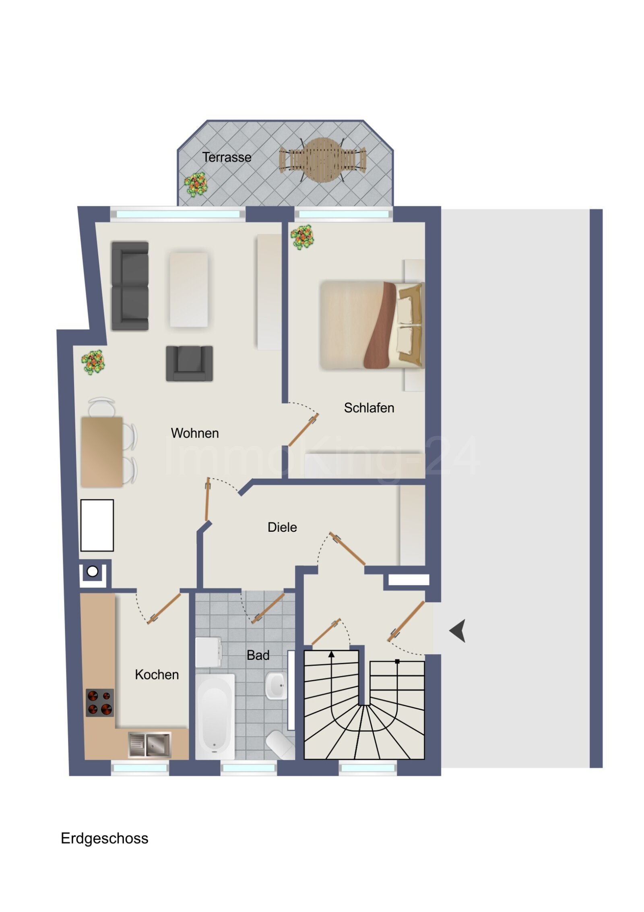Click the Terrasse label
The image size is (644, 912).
coord(227,157)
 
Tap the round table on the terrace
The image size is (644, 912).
coord(322,160)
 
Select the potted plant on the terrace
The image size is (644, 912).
coord(196,184)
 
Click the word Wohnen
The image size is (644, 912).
coord(195,433)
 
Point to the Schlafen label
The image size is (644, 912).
coord(369,408)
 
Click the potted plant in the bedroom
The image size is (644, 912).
coord(302,237)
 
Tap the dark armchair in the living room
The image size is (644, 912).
coord(189,363)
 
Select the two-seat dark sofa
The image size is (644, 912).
coord(130,286)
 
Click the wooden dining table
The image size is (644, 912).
coord(102,452)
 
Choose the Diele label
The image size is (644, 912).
coord(282,527)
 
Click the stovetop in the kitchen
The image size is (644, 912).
coord(99,703)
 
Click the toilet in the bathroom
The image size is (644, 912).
coord(280,744)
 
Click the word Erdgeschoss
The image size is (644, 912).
coord(105,838)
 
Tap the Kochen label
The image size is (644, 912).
coord(157,674)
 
